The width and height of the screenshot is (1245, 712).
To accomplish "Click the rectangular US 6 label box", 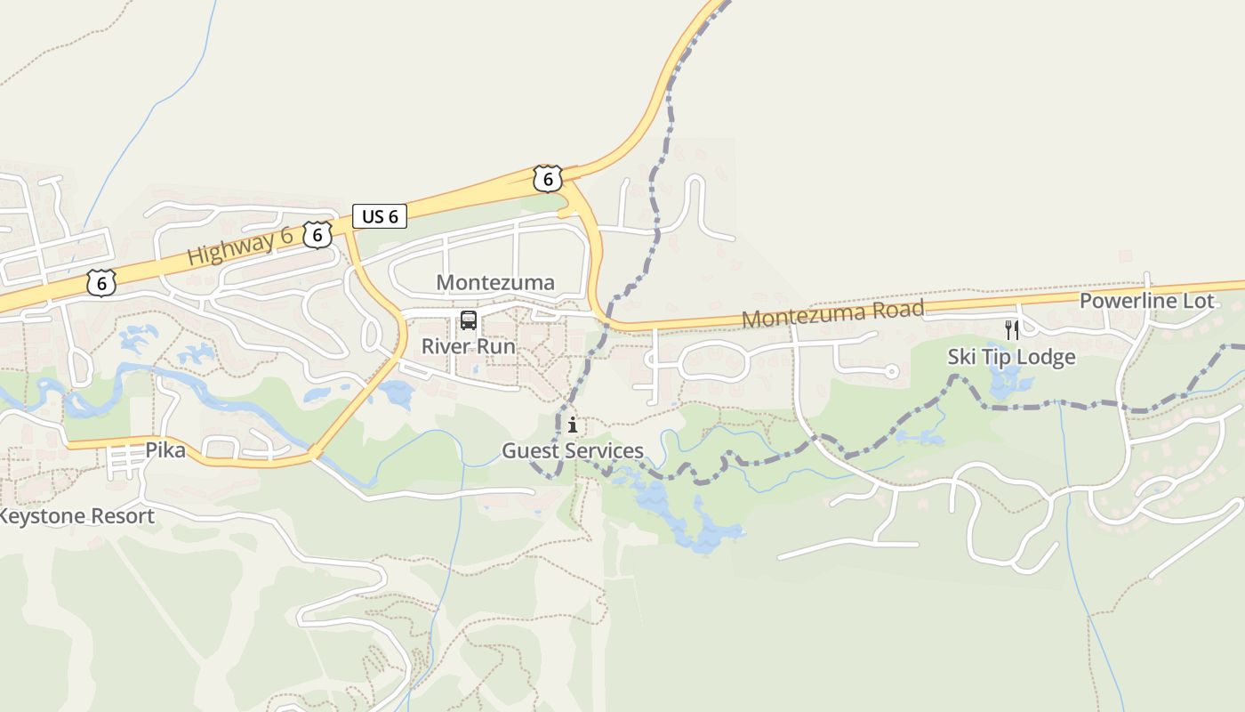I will [x=380, y=216].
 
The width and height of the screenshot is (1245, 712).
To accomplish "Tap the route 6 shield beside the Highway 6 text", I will [x=317, y=235].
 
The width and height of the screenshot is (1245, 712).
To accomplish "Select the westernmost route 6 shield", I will [x=101, y=283].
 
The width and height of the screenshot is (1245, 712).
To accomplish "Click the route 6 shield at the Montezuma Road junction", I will [x=548, y=179].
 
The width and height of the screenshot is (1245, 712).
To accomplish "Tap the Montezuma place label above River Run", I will [x=495, y=283].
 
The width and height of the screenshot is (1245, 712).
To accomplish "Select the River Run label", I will [x=468, y=346].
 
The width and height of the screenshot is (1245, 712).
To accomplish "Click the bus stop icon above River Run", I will [x=468, y=321].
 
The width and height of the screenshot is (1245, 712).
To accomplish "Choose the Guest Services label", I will [x=573, y=450].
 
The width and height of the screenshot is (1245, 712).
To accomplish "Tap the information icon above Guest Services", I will [x=573, y=425].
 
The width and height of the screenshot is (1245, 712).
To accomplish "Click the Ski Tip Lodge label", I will [x=1011, y=357].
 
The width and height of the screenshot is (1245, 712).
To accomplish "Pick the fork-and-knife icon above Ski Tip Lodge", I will [x=1011, y=330].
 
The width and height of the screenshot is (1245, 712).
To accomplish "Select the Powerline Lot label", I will [x=1146, y=301].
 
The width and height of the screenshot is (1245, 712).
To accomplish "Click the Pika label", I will [x=166, y=450].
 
